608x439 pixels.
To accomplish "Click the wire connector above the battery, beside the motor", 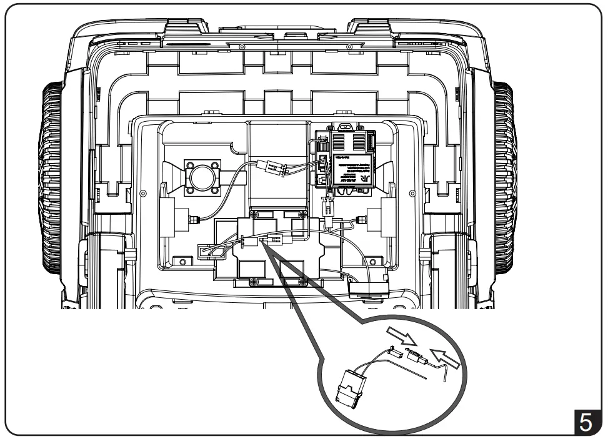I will pyautogui.click(x=271, y=167).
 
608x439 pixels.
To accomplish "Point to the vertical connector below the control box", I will pyautogui.click(x=326, y=205).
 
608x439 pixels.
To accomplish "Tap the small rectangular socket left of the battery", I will pyautogui.click(x=206, y=250).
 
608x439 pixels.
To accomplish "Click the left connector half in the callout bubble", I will pyautogui.click(x=396, y=352).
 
